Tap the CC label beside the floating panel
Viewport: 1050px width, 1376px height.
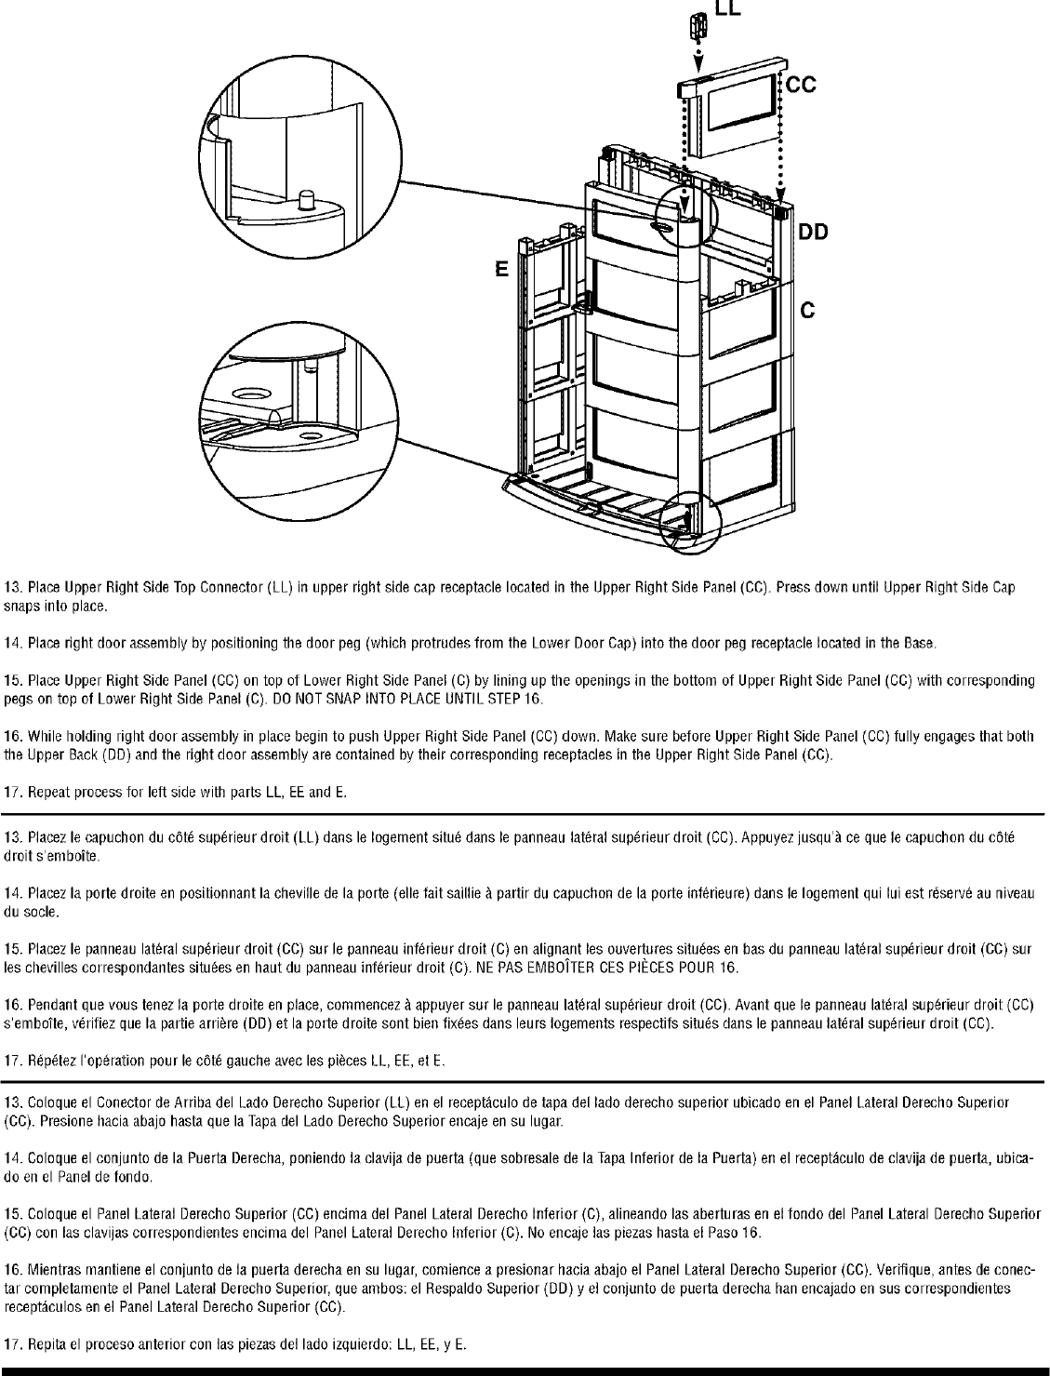pos(802,86)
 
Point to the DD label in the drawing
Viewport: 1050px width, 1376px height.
pos(812,234)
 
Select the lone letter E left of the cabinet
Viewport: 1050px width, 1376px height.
pos(501,271)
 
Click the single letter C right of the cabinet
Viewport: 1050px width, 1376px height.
pos(808,312)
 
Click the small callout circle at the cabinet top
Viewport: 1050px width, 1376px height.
pos(687,215)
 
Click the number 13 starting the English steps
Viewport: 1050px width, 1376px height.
pos(13,588)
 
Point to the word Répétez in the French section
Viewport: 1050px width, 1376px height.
pos(50,1062)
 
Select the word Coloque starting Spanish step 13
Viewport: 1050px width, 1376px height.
pos(47,1103)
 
